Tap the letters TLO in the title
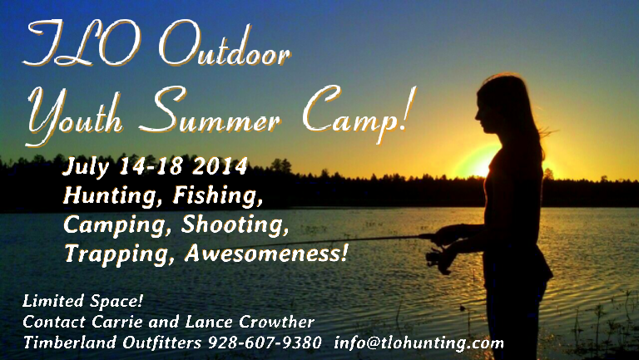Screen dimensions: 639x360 (x=82, y=43)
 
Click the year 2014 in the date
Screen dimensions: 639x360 (x=220, y=165)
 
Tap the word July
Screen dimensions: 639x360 (x=86, y=167)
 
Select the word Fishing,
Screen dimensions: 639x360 (x=218, y=195)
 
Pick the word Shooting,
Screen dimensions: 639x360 (x=235, y=225)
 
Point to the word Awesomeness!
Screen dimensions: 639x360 (x=266, y=253)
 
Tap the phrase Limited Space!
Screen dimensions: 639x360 (x=82, y=302)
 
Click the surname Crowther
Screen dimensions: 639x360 (x=276, y=322)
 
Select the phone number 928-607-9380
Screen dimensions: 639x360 (x=265, y=343)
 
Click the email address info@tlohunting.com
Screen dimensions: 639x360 (x=419, y=343)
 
